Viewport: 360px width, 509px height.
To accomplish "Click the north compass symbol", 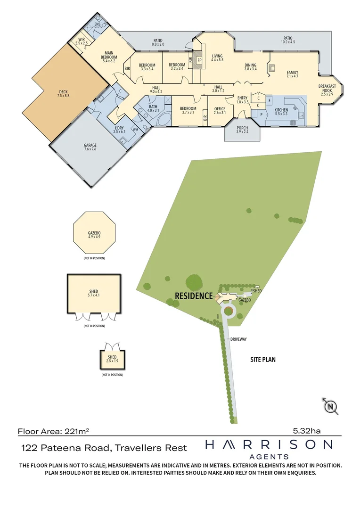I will tap(331, 406).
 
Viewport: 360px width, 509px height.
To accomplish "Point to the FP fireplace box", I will tap(199, 60).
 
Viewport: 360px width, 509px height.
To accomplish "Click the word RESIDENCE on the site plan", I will tap(194, 296).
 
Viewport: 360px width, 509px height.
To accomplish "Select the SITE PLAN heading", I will tap(262, 360).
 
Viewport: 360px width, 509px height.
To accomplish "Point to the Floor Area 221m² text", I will tap(53, 431).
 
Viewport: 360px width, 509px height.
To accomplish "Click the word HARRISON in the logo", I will tap(269, 444).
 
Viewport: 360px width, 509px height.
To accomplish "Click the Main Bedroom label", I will tap(109, 57).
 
